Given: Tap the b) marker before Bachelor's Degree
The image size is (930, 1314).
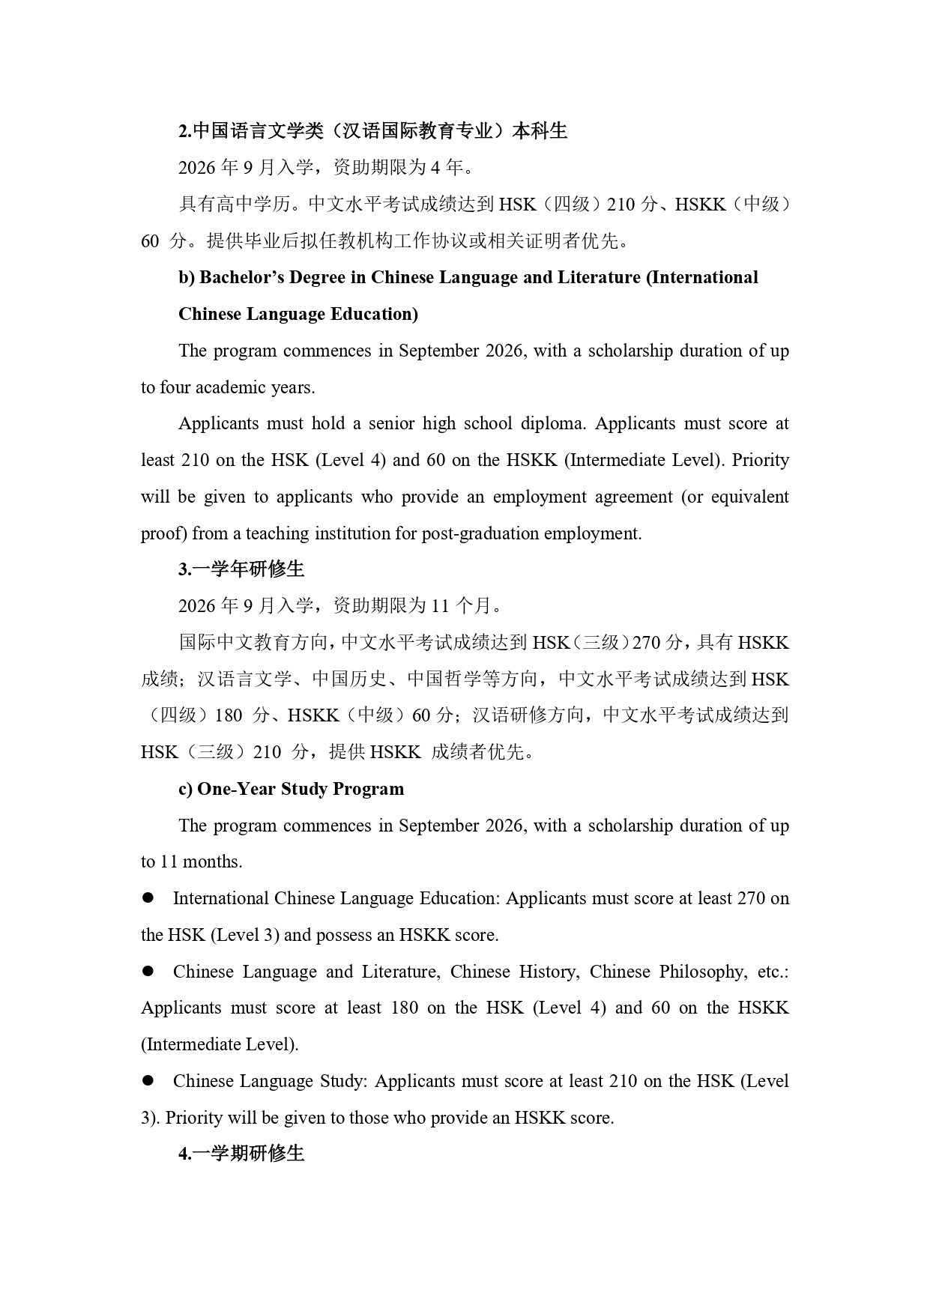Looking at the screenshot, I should (x=187, y=278).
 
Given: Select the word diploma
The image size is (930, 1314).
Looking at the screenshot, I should (x=553, y=423).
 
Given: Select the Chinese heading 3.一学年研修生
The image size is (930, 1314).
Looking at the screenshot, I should (x=241, y=569).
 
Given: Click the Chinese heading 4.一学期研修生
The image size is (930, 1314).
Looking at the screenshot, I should (x=241, y=1154).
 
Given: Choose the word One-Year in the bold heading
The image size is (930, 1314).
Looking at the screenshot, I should (x=237, y=789).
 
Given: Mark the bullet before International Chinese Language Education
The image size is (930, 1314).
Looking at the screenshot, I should (x=148, y=897).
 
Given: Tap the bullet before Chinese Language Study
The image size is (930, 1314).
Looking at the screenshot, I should (x=148, y=1080).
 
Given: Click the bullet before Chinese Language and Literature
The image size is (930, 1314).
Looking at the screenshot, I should (x=148, y=971).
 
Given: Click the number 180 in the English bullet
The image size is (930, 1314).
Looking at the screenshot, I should (x=405, y=1008).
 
